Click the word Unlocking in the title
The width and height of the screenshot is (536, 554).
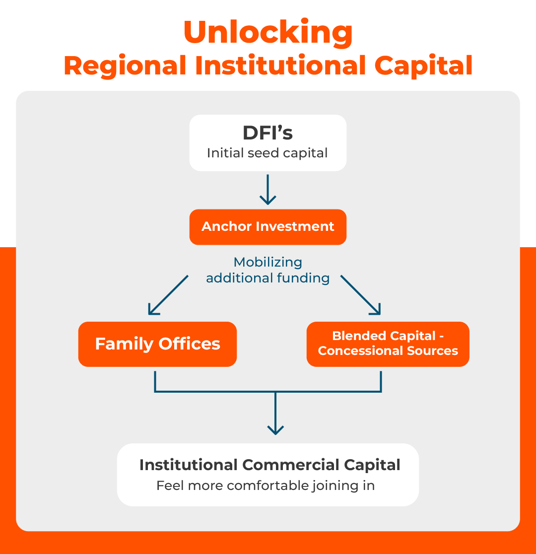tap(268, 32)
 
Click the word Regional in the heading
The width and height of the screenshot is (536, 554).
tap(125, 66)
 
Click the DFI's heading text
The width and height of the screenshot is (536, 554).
tap(268, 133)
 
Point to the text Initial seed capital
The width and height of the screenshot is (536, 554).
tap(268, 153)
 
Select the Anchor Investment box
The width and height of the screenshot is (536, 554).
tap(268, 227)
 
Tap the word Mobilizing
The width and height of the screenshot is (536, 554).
tap(268, 262)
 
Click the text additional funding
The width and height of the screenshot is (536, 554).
tap(268, 278)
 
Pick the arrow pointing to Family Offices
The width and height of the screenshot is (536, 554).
tap(168, 295)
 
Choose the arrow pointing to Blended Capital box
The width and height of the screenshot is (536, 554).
tap(361, 295)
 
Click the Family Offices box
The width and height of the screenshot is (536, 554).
tap(157, 344)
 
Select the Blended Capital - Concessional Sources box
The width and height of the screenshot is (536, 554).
tap(388, 344)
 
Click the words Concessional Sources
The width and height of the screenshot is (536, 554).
tap(388, 351)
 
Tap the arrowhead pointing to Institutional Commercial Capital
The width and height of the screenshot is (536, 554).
tap(275, 428)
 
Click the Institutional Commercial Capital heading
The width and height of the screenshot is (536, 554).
tap(269, 465)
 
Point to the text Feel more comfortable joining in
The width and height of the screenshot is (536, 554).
tap(266, 485)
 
